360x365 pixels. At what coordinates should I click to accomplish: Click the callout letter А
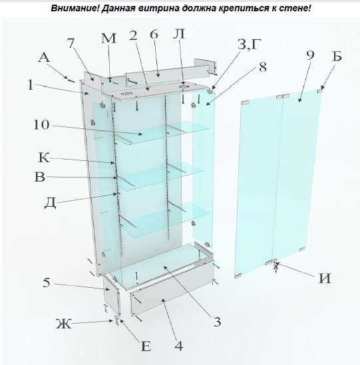tap(44, 59)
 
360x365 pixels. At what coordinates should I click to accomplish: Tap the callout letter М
tap(108, 38)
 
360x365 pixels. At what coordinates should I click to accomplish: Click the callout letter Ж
tap(63, 324)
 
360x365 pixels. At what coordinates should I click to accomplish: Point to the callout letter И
tap(324, 279)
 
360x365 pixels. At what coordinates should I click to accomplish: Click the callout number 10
tap(41, 124)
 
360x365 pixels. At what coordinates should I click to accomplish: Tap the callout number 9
tap(309, 56)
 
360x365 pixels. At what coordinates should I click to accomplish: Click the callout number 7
tap(71, 44)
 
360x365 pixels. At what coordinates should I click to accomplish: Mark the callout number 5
tap(46, 283)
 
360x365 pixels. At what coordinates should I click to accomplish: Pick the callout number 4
tap(178, 345)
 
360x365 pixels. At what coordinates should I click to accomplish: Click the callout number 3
tap(216, 322)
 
